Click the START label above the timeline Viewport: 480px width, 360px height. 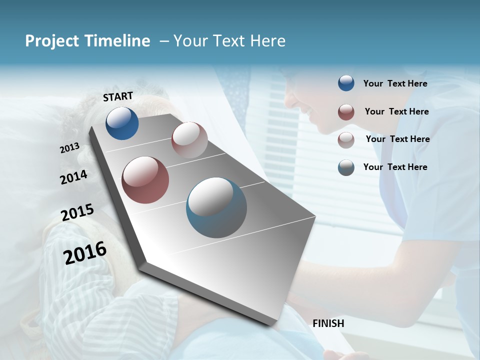118,96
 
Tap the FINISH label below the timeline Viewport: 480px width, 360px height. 328,323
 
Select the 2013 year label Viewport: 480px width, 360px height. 70,147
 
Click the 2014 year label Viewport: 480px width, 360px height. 73,177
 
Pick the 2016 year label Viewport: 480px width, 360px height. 85,252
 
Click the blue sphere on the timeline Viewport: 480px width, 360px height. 122,123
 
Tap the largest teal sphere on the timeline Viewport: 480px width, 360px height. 216,207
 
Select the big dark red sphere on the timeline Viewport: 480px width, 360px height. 145,180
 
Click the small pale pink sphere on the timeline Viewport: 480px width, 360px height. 189,139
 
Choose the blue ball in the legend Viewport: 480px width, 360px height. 346,83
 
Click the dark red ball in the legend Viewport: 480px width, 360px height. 346,112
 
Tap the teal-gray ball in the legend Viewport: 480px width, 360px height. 346,167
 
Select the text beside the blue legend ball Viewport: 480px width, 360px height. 395,83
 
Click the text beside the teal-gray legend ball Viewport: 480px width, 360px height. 395,167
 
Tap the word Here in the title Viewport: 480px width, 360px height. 267,41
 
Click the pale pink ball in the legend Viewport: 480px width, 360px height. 346,140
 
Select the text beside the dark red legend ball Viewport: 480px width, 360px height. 396,111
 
